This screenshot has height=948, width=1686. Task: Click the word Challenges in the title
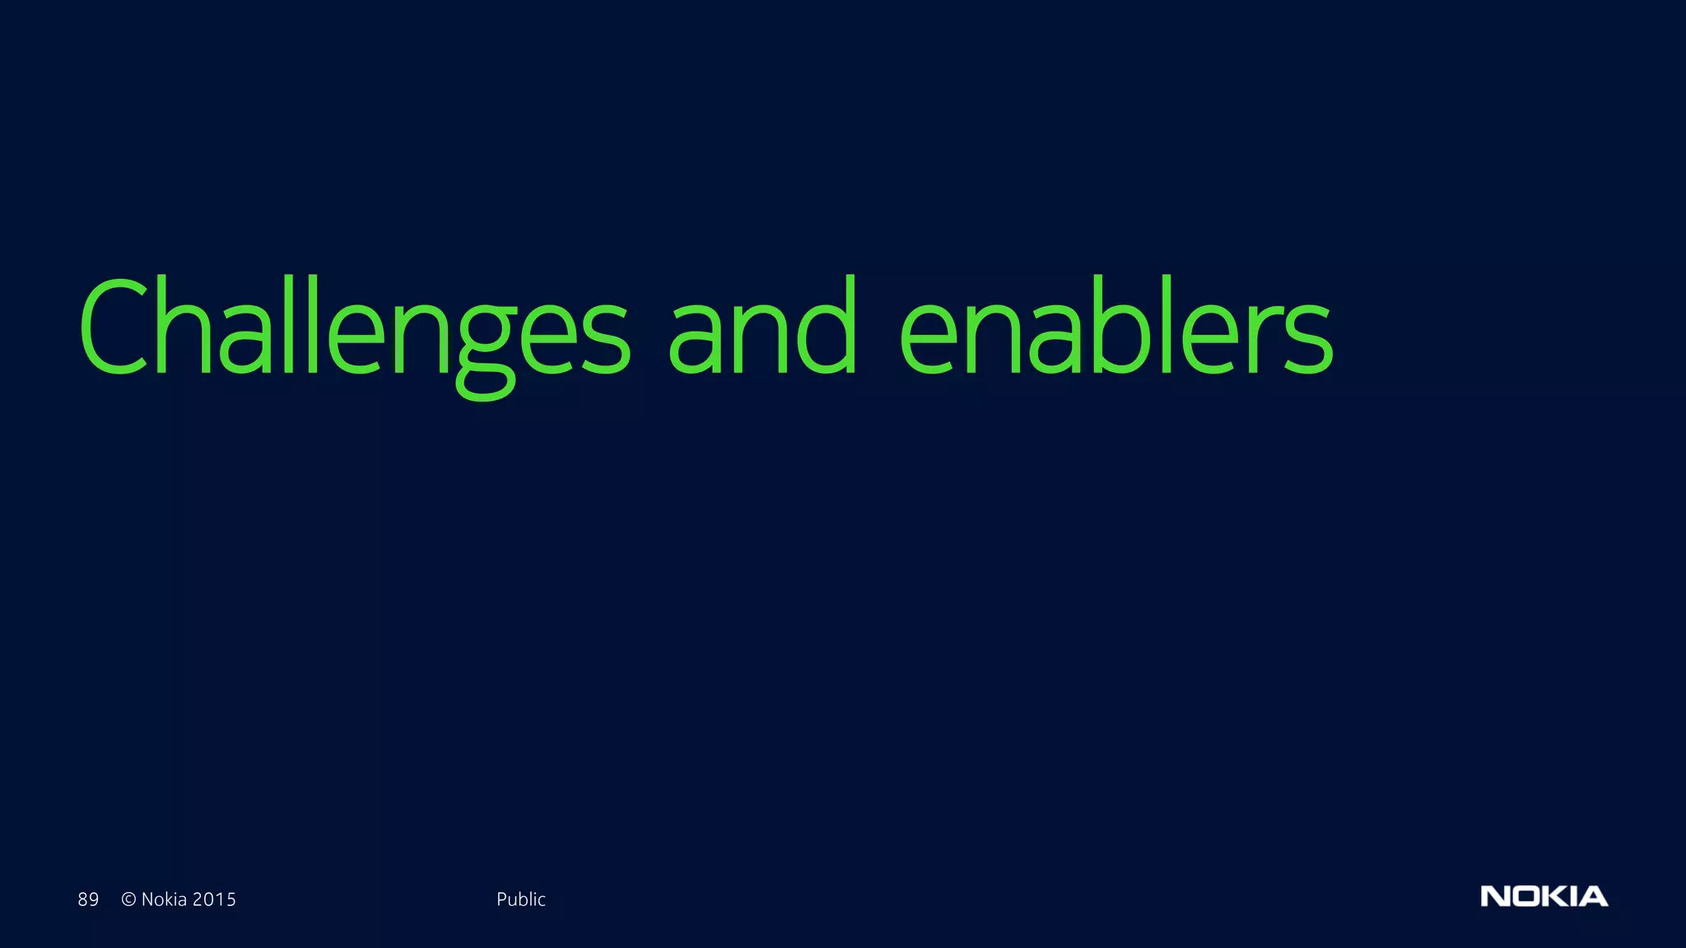pyautogui.click(x=354, y=329)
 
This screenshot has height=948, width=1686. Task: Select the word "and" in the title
pyautogui.click(x=762, y=329)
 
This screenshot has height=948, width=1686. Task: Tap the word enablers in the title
pyautogui.click(x=1115, y=329)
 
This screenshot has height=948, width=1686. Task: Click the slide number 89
pyautogui.click(x=88, y=899)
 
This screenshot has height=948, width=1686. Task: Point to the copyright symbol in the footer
pyautogui.click(x=128, y=899)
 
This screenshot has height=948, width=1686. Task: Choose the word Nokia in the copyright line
pyautogui.click(x=165, y=899)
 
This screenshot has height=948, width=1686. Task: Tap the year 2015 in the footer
pyautogui.click(x=214, y=899)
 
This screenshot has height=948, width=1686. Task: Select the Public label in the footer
pyautogui.click(x=521, y=899)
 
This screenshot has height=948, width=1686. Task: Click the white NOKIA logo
pyautogui.click(x=1544, y=896)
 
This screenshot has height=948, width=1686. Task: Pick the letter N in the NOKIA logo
pyautogui.click(x=1494, y=896)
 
